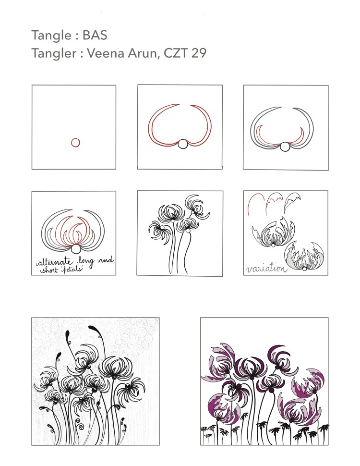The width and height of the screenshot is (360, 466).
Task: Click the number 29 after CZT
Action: [199, 53]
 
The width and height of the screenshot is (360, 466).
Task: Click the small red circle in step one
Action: [75, 142]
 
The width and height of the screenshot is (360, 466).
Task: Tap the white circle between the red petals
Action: [182, 145]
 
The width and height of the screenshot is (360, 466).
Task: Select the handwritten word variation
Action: [265, 269]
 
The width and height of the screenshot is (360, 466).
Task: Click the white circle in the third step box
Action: [286, 147]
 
